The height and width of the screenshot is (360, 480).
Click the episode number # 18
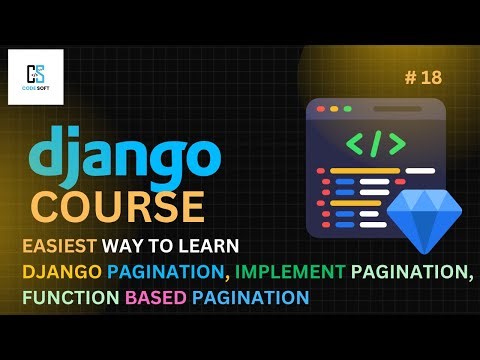[424, 76]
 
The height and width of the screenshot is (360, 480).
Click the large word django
[125, 157]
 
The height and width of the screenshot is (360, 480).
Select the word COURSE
[117, 207]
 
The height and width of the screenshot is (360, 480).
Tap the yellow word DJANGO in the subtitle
[59, 271]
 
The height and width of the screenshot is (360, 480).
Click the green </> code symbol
[369, 142]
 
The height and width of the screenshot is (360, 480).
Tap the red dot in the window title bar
[321, 106]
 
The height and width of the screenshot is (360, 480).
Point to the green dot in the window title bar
[347, 106]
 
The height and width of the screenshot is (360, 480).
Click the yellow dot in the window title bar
[334, 106]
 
